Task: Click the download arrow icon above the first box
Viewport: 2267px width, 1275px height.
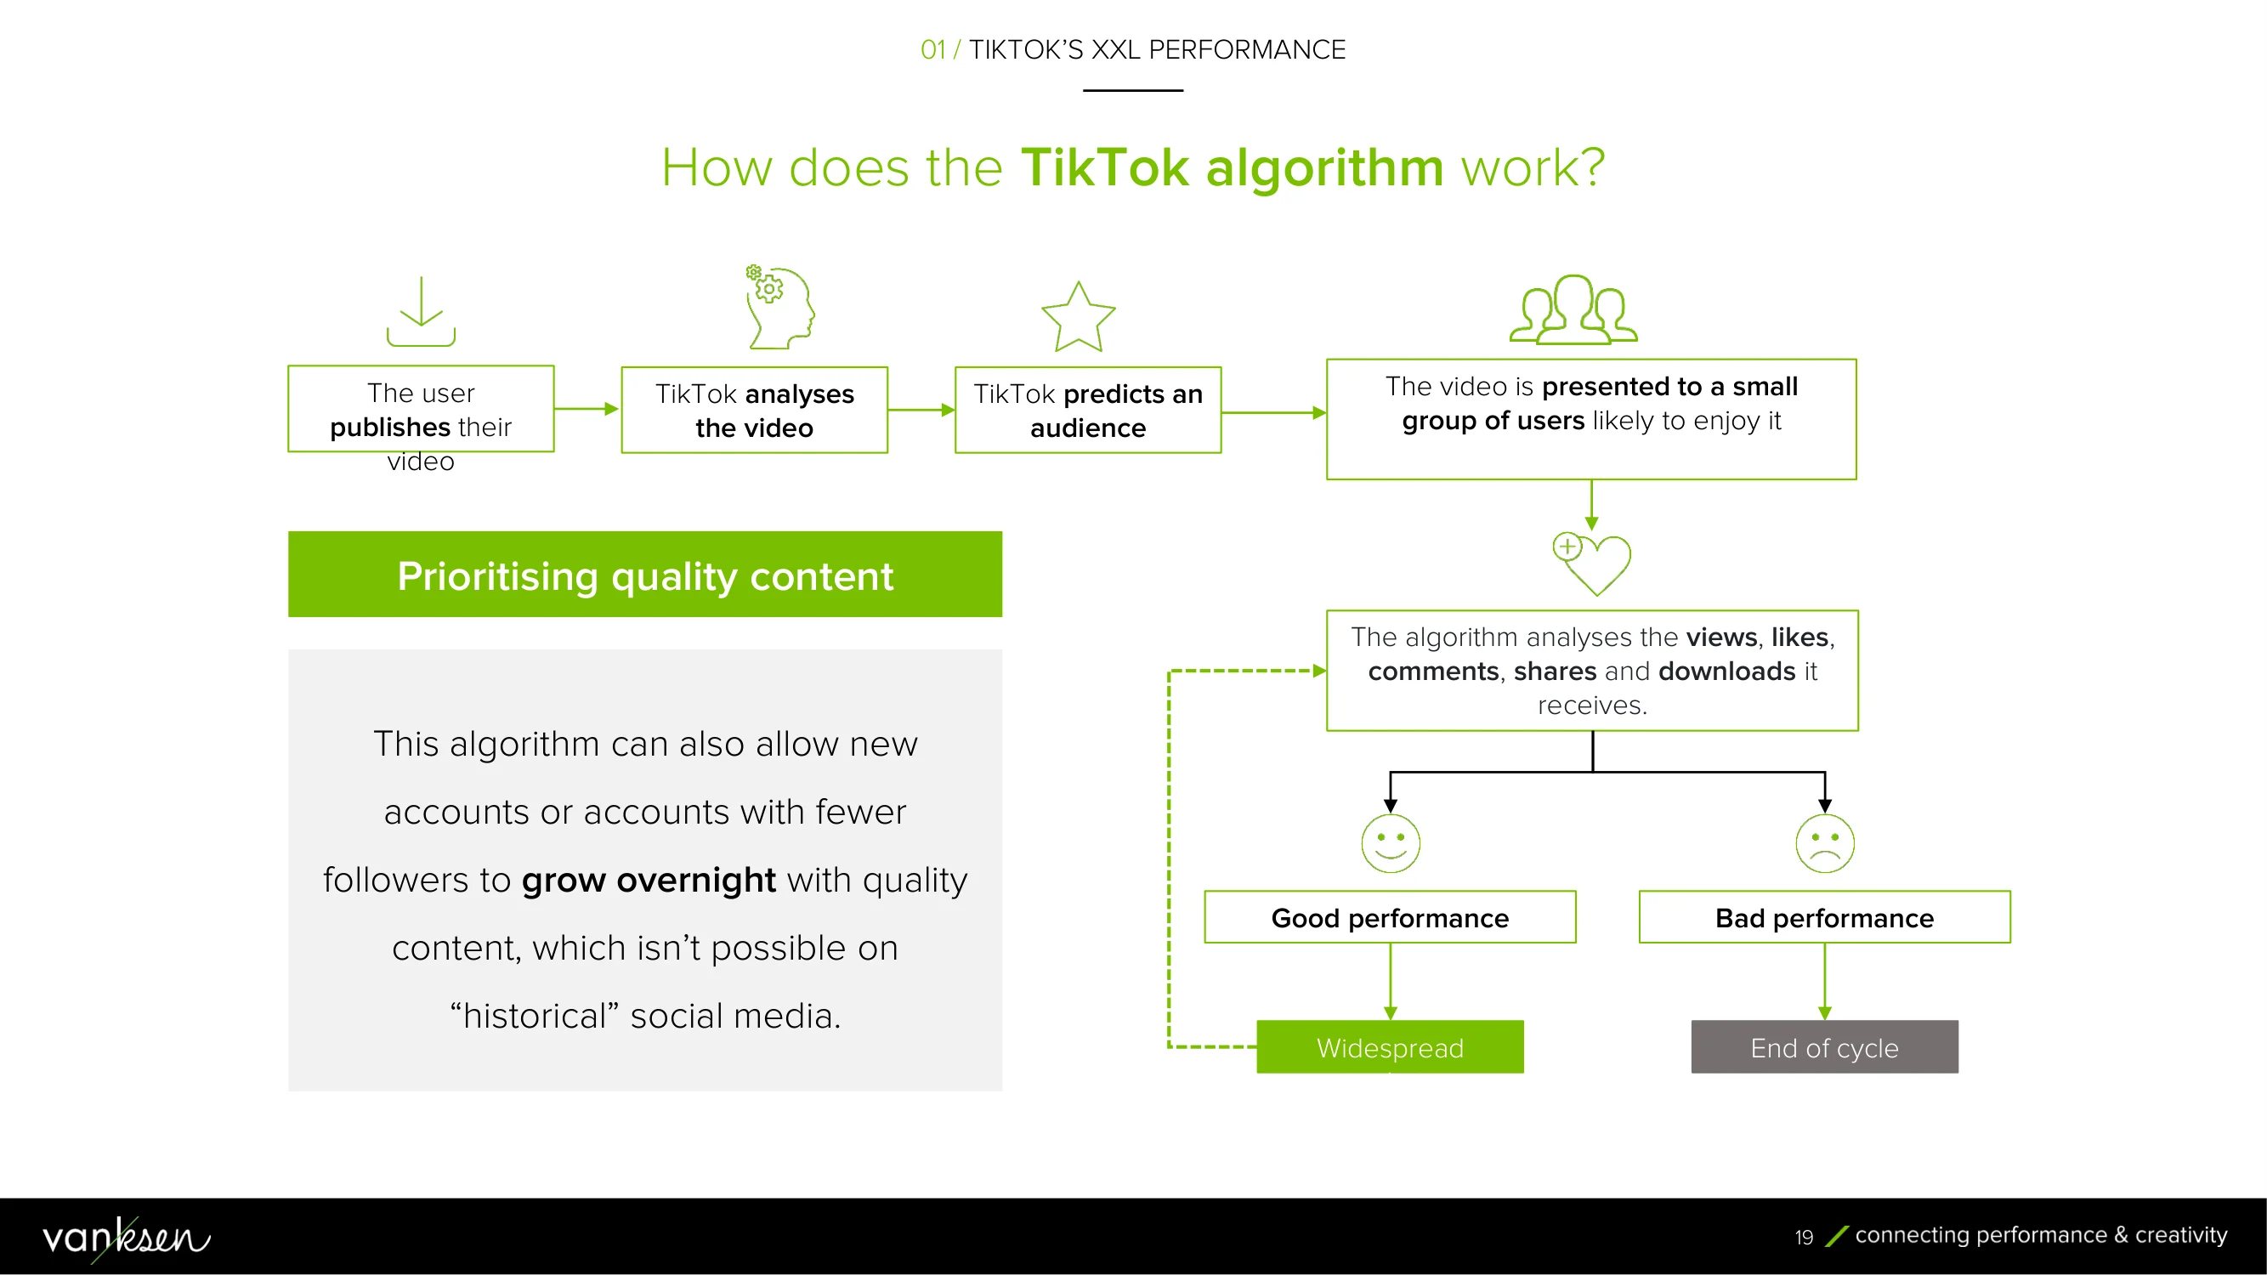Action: pyautogui.click(x=421, y=312)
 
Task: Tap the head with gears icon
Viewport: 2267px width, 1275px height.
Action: pyautogui.click(x=779, y=307)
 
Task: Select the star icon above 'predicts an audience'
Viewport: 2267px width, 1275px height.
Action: pyautogui.click(x=1078, y=317)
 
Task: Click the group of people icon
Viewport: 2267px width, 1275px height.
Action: pyautogui.click(x=1573, y=309)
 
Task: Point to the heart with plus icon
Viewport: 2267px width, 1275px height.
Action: pyautogui.click(x=1592, y=564)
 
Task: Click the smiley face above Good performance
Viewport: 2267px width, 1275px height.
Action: pyautogui.click(x=1391, y=843)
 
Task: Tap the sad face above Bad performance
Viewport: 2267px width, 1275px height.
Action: pyautogui.click(x=1825, y=843)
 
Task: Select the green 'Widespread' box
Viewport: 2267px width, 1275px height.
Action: pyautogui.click(x=1391, y=1047)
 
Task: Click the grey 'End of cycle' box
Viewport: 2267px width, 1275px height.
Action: pyautogui.click(x=1825, y=1047)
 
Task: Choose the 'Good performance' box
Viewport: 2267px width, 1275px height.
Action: pyautogui.click(x=1391, y=917)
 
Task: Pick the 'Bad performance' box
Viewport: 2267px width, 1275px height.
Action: pyautogui.click(x=1825, y=917)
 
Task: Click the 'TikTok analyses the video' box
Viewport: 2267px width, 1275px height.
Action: pyautogui.click(x=754, y=410)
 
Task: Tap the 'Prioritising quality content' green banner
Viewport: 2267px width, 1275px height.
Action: pyautogui.click(x=645, y=575)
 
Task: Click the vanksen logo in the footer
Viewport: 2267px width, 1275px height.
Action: pyautogui.click(x=127, y=1237)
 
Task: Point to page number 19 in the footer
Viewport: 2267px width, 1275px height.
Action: pyautogui.click(x=1804, y=1237)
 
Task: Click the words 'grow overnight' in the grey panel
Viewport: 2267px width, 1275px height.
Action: pyautogui.click(x=649, y=880)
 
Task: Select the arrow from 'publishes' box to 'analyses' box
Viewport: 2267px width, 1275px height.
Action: pyautogui.click(x=587, y=408)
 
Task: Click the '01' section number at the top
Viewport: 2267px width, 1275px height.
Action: pyautogui.click(x=932, y=49)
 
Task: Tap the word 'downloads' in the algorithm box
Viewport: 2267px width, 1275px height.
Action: pyautogui.click(x=1726, y=671)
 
